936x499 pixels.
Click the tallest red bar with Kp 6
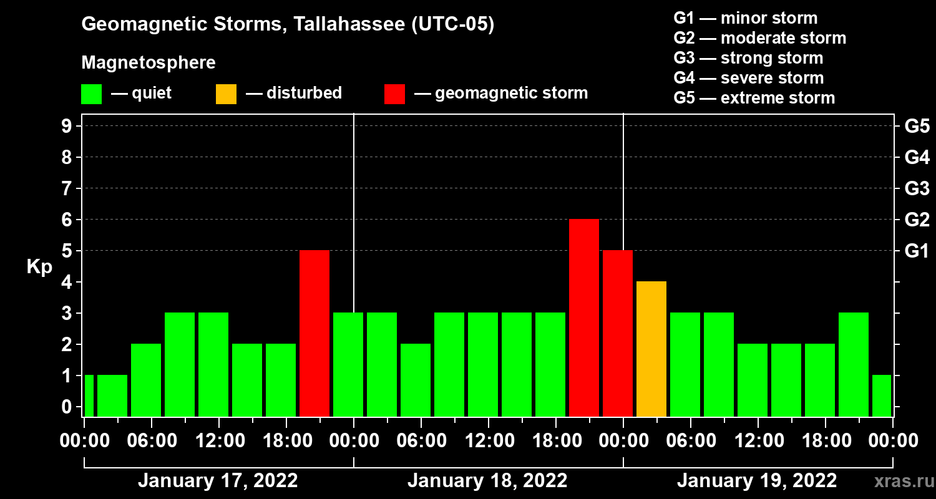(x=584, y=317)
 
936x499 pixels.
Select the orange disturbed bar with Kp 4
(x=651, y=349)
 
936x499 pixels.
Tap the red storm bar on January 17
(x=314, y=333)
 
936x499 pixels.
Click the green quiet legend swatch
(x=91, y=94)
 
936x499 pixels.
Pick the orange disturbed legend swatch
(x=226, y=94)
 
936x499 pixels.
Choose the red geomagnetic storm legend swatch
(x=394, y=94)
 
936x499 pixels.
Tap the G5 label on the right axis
(x=917, y=126)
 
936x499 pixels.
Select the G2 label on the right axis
(x=917, y=220)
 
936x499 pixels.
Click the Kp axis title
(x=39, y=266)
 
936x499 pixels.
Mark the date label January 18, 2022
(x=487, y=481)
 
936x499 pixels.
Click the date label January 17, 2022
(x=218, y=481)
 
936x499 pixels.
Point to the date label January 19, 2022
(x=757, y=481)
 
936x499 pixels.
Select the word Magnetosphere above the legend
(x=149, y=63)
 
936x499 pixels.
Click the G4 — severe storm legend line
(x=748, y=78)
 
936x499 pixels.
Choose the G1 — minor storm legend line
(x=745, y=18)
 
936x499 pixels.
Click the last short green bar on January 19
(x=881, y=395)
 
